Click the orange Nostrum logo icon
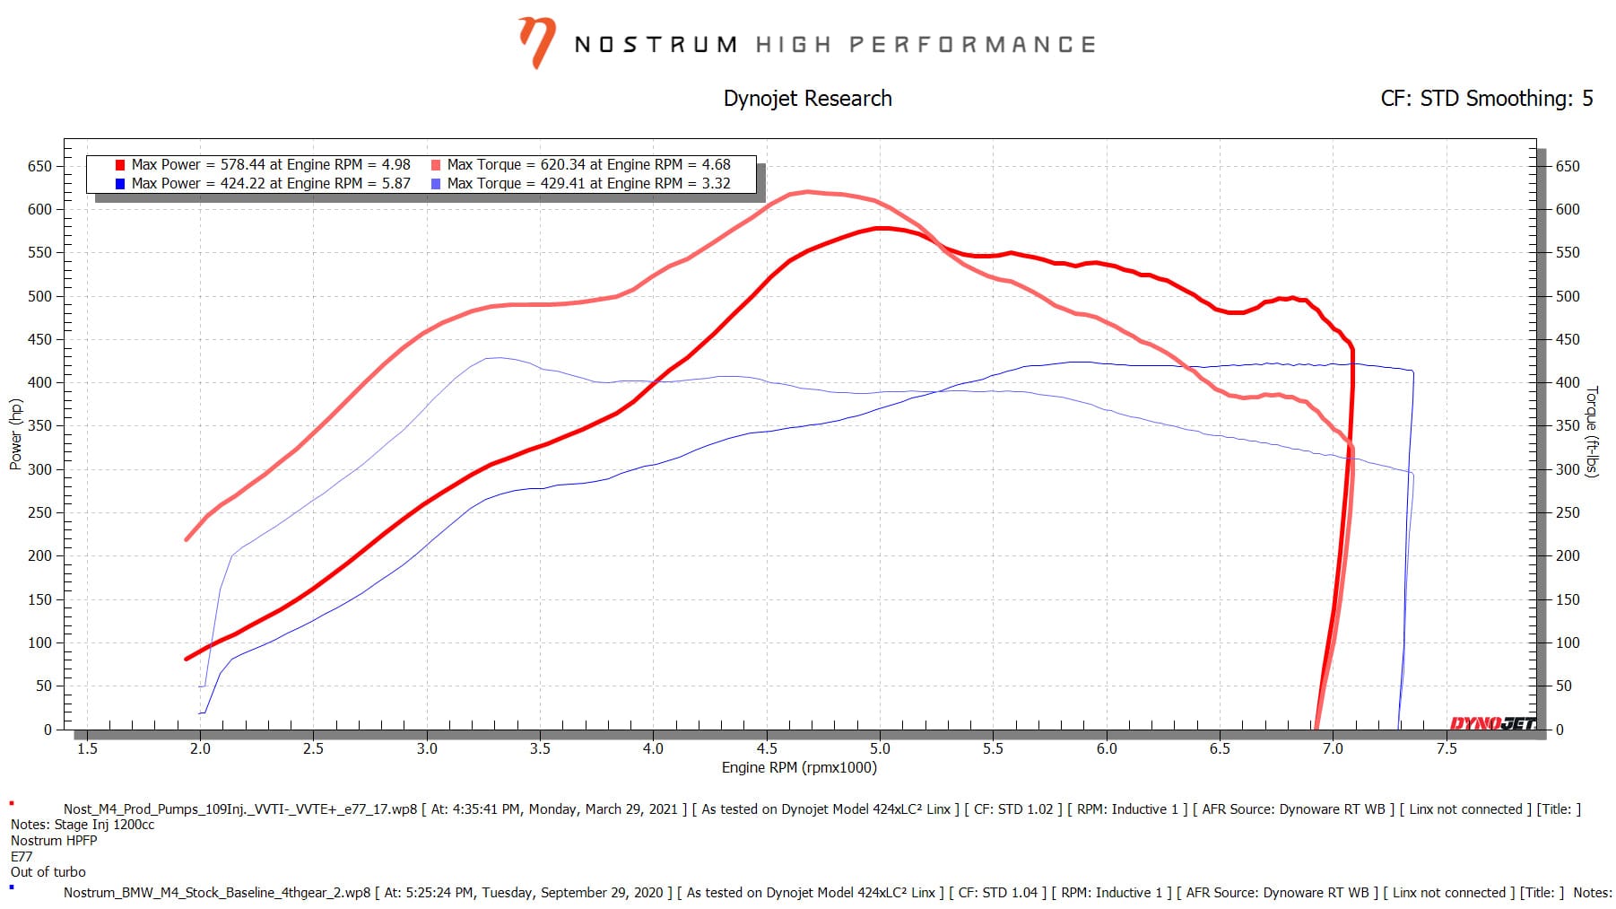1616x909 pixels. tap(536, 43)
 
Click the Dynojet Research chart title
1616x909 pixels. tap(807, 99)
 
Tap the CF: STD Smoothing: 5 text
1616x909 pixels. tap(1486, 99)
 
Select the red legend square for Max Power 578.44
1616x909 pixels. tap(120, 165)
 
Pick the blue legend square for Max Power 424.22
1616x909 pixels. tap(120, 184)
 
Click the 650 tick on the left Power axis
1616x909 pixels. tap(39, 166)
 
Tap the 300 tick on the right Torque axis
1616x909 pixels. tap(1567, 469)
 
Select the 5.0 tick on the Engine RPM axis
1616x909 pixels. tap(880, 748)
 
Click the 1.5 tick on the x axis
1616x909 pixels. tap(87, 748)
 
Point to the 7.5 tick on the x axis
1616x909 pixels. tap(1447, 748)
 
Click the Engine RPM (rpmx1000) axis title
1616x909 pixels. tap(799, 768)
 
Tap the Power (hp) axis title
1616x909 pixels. tap(15, 434)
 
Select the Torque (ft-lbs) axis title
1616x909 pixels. tap(1592, 432)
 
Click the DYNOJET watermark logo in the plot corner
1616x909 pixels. tap(1492, 723)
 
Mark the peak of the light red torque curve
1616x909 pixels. tap(807, 191)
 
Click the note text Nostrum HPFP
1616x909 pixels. tap(54, 841)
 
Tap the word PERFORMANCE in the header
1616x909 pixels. tap(972, 45)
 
